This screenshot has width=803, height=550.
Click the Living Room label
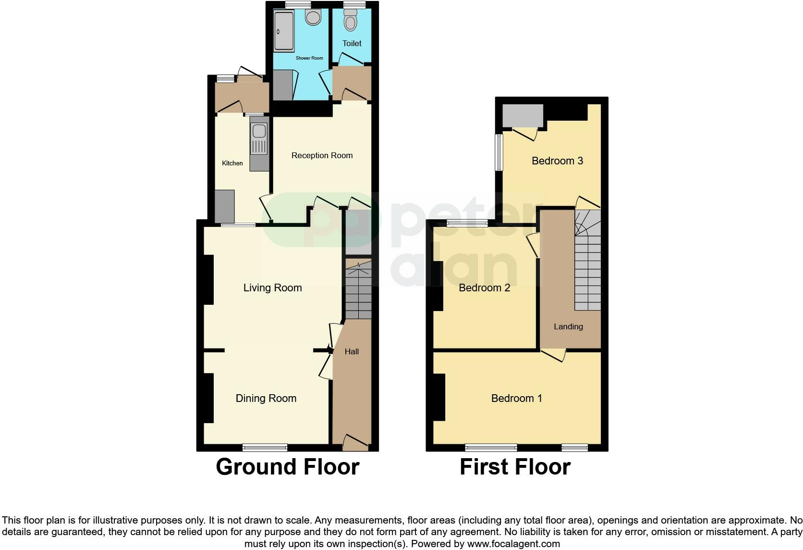click(272, 287)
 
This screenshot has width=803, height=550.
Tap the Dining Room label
click(266, 398)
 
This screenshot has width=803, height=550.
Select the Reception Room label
click(322, 155)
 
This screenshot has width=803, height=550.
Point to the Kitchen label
click(232, 163)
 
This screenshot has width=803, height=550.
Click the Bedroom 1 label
click(516, 398)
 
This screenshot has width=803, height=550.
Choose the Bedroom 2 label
click(484, 287)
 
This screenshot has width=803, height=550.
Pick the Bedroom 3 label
click(557, 161)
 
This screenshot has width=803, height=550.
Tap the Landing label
click(568, 326)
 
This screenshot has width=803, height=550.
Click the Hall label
click(352, 351)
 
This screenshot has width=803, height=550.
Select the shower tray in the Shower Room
click(283, 31)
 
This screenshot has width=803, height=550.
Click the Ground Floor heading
click(287, 466)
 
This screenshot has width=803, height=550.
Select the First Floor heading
click(515, 466)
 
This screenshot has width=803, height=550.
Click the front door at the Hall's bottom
click(355, 443)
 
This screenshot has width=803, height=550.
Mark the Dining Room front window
click(265, 448)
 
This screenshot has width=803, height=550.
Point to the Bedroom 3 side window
click(499, 152)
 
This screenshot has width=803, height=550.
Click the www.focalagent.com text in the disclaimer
click(513, 544)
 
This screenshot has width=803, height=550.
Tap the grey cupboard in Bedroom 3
click(523, 116)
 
